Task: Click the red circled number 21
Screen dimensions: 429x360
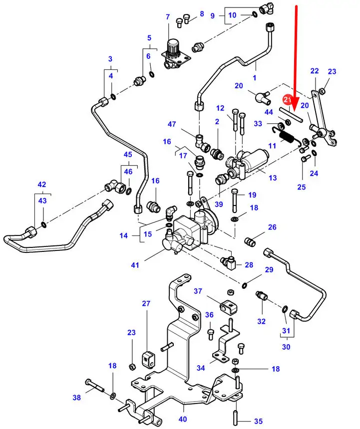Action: point(287,100)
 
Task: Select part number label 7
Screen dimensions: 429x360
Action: point(168,17)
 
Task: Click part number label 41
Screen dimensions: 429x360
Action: point(135,265)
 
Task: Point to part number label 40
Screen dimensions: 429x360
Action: point(183,419)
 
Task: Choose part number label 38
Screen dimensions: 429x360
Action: point(76,398)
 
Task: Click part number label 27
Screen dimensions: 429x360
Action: point(146,304)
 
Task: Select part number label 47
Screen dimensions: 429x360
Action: point(186,124)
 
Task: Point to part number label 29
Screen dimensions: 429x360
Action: point(269,270)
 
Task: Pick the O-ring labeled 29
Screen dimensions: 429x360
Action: point(245,285)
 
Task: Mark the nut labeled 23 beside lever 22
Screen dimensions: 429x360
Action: point(322,91)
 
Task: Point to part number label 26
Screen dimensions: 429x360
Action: point(272,227)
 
